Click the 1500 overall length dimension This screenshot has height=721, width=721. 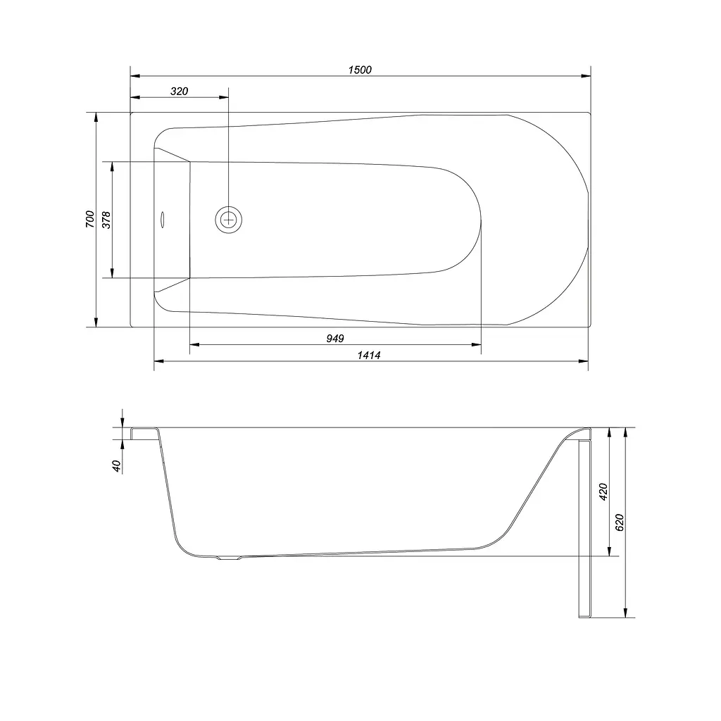[x=360, y=70]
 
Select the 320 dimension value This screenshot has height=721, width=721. [x=179, y=92]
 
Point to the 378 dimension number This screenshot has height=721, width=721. [x=106, y=220]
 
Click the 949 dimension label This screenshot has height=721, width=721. [x=334, y=339]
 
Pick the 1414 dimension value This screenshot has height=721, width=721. [x=369, y=355]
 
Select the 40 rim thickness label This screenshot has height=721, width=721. [x=116, y=466]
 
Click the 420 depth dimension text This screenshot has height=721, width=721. [x=603, y=492]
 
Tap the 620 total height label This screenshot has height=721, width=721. [x=620, y=523]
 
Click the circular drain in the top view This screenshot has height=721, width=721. [x=229, y=220]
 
